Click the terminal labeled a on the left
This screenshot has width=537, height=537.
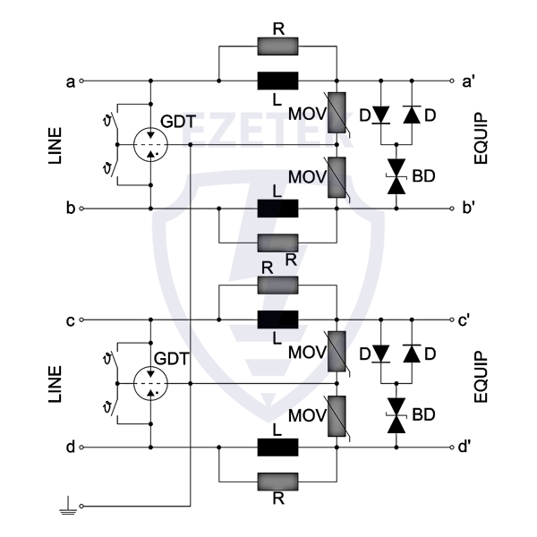click(x=82, y=80)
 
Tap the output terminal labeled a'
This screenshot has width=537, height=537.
click(x=455, y=80)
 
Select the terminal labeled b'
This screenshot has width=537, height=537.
click(x=455, y=209)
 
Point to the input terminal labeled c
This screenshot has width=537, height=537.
click(x=82, y=320)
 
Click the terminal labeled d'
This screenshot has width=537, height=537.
click(x=455, y=448)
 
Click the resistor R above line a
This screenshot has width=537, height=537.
click(x=277, y=47)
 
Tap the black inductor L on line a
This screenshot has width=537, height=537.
click(x=277, y=80)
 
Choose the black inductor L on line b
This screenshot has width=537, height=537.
click(x=277, y=209)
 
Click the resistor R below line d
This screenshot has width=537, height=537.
click(x=277, y=481)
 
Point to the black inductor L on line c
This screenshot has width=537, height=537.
click(x=277, y=320)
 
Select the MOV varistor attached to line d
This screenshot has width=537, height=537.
click(x=337, y=416)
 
